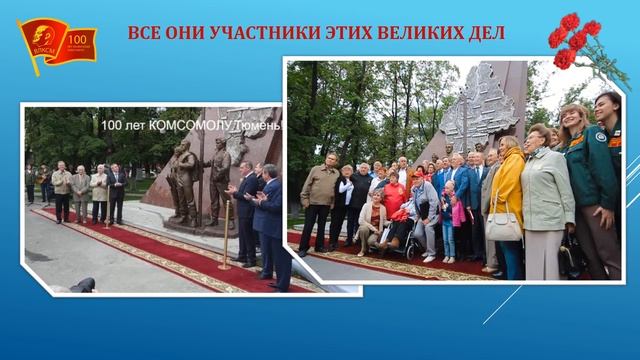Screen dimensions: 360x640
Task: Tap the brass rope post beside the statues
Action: [x=225, y=235]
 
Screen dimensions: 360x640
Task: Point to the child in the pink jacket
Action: [x=459, y=212]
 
